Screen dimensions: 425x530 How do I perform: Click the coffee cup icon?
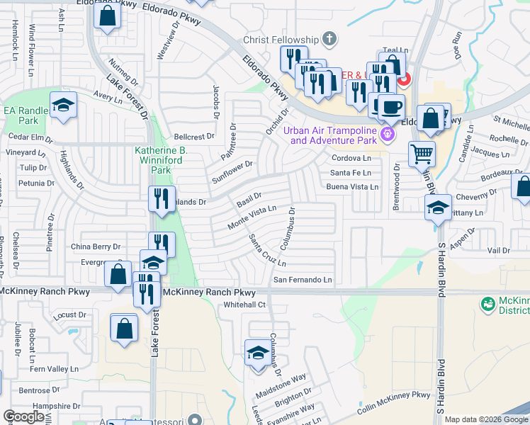tap(390, 108)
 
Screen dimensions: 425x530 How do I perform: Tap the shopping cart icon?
tap(422, 152)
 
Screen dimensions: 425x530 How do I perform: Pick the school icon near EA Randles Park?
tap(64, 106)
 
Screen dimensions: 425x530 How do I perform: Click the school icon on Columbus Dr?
tap(257, 351)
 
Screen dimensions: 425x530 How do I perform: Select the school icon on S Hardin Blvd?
tap(438, 208)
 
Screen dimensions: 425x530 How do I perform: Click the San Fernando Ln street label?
tap(303, 280)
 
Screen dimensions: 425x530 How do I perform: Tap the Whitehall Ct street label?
tap(244, 305)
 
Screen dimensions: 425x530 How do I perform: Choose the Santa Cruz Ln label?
tap(267, 252)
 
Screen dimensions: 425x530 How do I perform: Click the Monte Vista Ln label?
tap(251, 216)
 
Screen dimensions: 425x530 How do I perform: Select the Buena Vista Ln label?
tap(352, 186)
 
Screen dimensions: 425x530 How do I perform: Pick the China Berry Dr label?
tap(96, 246)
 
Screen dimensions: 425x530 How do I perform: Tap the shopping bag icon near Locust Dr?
tap(125, 329)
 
